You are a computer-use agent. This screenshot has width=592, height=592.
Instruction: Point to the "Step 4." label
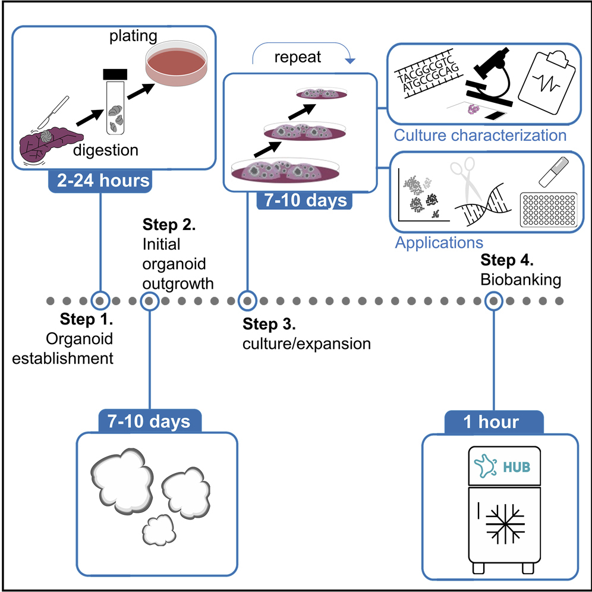coord(507,260)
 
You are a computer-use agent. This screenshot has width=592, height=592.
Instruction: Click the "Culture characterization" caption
coord(480,136)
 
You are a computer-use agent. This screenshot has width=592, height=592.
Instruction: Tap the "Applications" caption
coord(439,243)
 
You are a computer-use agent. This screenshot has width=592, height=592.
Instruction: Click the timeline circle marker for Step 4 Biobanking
coord(492,301)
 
